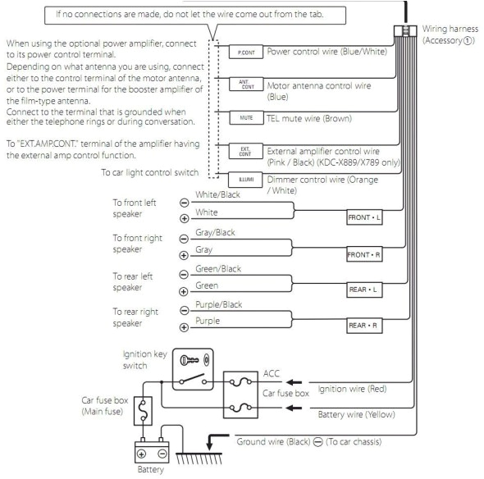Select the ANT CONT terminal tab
point(244,84)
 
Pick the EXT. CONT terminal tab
point(244,151)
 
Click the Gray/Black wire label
point(216,233)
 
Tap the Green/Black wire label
point(217,269)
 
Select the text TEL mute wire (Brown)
point(311,119)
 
